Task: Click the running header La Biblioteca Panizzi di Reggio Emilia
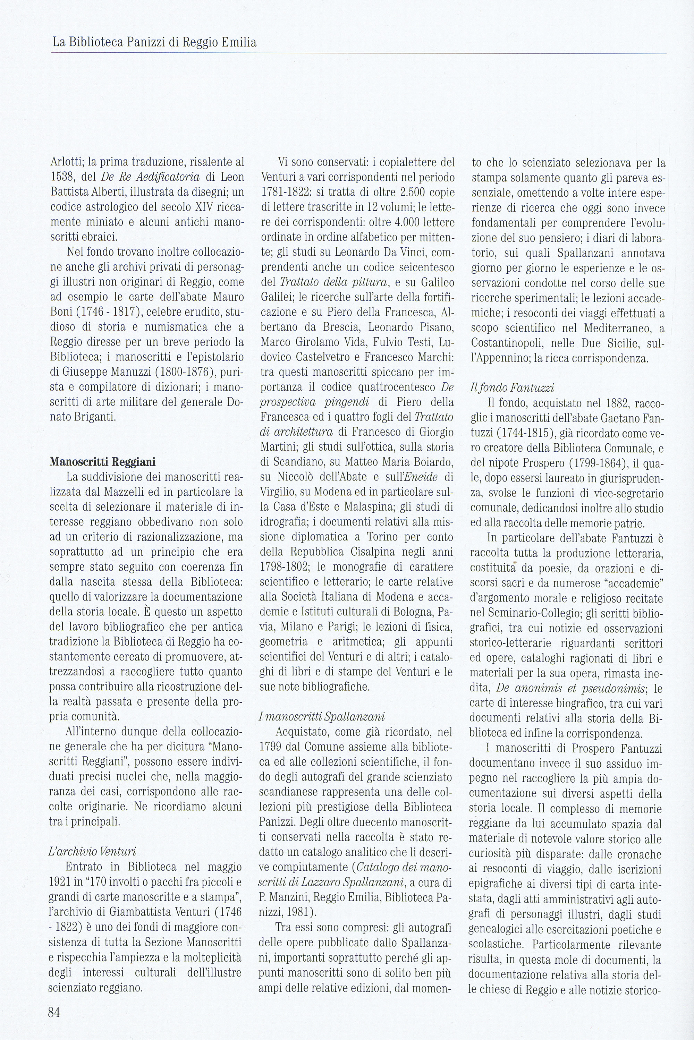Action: coord(154,42)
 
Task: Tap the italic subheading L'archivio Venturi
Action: coord(92,852)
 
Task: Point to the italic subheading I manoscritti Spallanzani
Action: coord(322,716)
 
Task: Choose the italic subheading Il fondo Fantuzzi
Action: coord(512,388)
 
